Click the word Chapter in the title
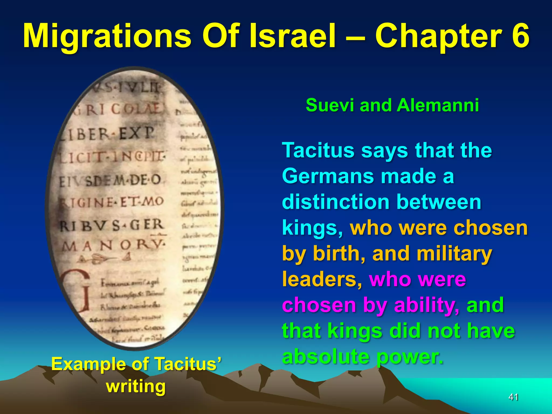click(x=438, y=36)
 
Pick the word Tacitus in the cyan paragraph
click(x=318, y=150)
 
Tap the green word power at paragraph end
click(x=410, y=357)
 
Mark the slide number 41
click(x=513, y=397)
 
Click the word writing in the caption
click(x=136, y=386)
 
